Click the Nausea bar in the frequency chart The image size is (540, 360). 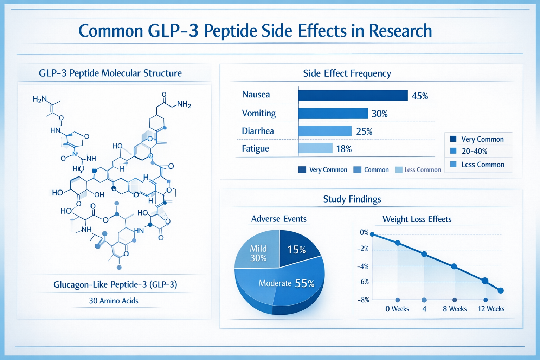pyautogui.click(x=353, y=96)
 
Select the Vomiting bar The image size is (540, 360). pyautogui.click(x=333, y=113)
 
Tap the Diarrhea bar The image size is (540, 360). pyautogui.click(x=325, y=131)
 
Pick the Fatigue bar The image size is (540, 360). pyautogui.click(x=315, y=148)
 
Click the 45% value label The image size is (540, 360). pyautogui.click(x=420, y=96)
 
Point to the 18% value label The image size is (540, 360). pyautogui.click(x=344, y=149)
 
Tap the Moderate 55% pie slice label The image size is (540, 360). pyautogui.click(x=287, y=283)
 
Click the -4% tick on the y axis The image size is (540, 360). pyautogui.click(x=363, y=266)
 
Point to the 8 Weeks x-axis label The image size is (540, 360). pyautogui.click(x=455, y=309)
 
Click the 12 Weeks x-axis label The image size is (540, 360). pyautogui.click(x=491, y=309)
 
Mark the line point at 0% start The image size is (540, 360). pyautogui.click(x=372, y=234)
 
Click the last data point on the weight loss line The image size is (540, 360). pyautogui.click(x=501, y=291)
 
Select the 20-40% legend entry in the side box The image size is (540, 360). pyautogui.click(x=474, y=151)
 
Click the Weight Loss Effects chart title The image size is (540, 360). pyautogui.click(x=417, y=219)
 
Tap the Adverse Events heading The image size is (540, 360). pyautogui.click(x=279, y=219)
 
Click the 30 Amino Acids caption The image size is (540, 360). pyautogui.click(x=114, y=301)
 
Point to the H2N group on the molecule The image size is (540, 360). pyautogui.click(x=39, y=99)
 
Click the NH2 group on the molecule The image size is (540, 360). pyautogui.click(x=184, y=104)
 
